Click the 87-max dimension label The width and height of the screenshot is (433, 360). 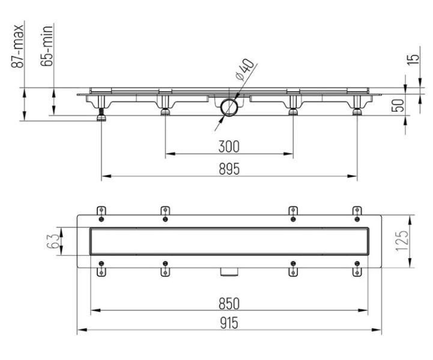(17, 46)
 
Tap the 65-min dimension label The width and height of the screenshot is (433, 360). (46, 46)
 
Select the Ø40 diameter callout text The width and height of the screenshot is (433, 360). (244, 70)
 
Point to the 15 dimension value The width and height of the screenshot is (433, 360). (413, 59)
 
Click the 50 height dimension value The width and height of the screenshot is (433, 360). (398, 106)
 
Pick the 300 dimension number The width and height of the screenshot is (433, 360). (229, 146)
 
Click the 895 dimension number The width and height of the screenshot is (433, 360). (229, 169)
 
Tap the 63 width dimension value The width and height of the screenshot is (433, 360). (52, 241)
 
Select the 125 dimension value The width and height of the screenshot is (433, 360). (402, 241)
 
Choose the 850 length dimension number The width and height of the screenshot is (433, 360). (229, 304)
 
